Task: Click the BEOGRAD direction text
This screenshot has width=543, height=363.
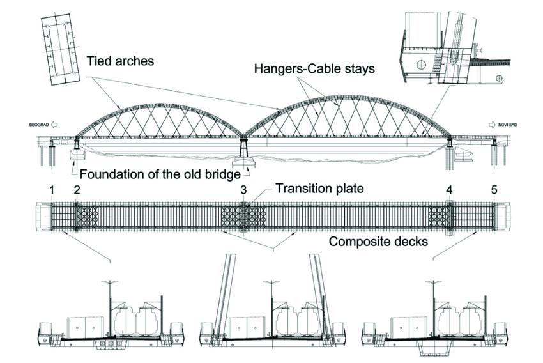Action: tap(36, 125)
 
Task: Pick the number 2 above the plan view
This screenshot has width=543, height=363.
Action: tap(77, 190)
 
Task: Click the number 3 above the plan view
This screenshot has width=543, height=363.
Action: tap(243, 190)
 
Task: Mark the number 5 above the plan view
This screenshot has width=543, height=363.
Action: tap(493, 190)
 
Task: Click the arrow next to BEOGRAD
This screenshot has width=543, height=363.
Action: tap(55, 125)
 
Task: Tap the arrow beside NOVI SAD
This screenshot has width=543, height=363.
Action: tap(491, 125)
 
